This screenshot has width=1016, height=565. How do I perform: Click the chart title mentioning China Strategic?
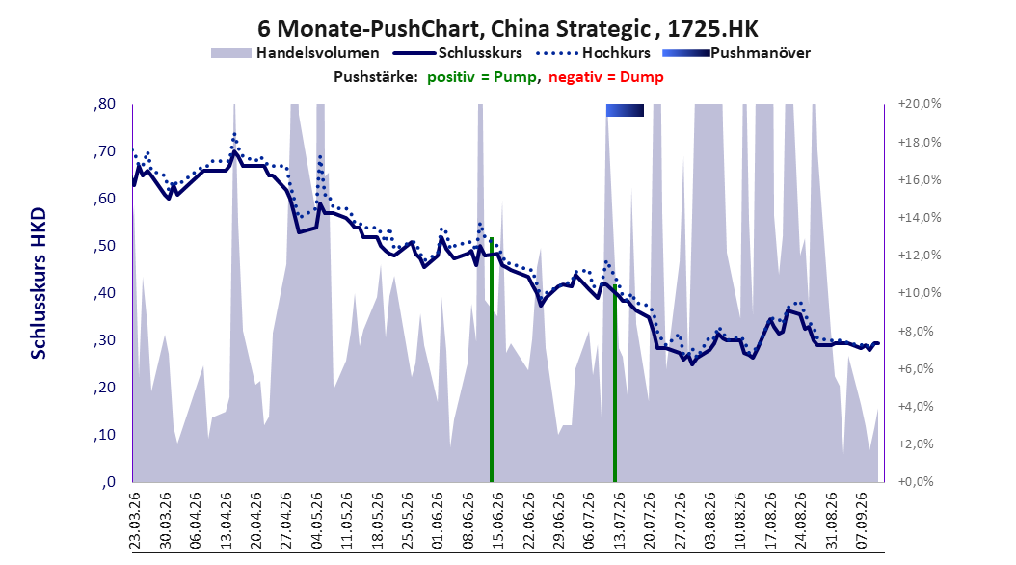pos(508,29)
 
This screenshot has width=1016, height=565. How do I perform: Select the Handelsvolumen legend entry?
pos(295,53)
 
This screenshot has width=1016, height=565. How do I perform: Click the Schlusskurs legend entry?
pos(458,53)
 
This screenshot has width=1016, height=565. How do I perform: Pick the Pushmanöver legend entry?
pos(736,53)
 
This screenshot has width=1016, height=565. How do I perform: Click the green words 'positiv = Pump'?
pos(481,77)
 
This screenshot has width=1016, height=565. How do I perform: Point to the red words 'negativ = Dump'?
pos(606,77)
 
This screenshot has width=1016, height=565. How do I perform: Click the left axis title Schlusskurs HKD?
pos(39,283)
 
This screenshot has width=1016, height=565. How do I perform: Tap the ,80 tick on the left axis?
pos(104,104)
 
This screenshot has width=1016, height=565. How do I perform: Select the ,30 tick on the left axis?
pos(104,340)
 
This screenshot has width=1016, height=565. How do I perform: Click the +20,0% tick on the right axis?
pos(920,104)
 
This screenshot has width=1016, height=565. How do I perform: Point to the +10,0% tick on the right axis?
pos(920,293)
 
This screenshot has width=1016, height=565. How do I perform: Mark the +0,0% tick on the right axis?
pos(917,481)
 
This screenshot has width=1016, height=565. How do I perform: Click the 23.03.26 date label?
pos(135,521)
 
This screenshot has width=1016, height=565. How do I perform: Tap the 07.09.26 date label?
pos(862,521)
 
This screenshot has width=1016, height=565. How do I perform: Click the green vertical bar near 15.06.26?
pos(492,361)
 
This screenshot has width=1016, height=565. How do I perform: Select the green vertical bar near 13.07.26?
pos(614,385)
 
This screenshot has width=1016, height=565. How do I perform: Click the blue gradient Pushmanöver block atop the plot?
pos(625,111)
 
